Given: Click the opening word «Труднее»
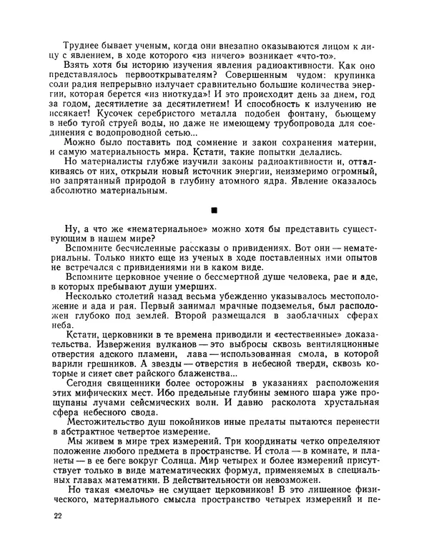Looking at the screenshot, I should click(83, 45).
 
